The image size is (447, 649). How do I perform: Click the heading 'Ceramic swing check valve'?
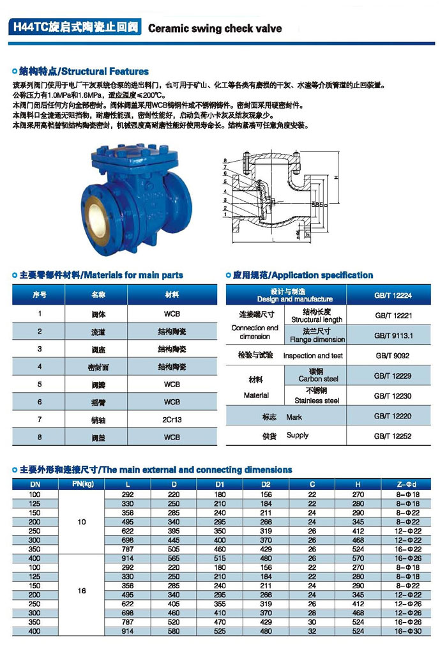215,28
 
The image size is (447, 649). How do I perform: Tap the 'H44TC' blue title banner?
76,28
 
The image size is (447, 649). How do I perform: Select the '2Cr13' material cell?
172,420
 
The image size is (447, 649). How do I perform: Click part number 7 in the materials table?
40,420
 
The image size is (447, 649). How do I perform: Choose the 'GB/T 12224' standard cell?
393,295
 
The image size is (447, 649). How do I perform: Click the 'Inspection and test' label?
313,356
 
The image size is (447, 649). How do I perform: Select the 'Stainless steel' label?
317,401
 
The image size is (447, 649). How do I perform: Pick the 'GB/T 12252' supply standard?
393,436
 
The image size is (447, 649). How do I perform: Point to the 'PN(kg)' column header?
80,484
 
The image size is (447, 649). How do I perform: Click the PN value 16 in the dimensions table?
81,591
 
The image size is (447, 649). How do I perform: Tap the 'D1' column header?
219,485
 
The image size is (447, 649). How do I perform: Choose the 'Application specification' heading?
303,275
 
